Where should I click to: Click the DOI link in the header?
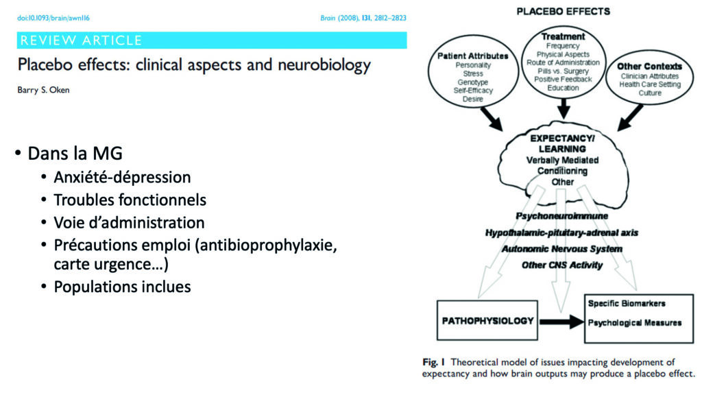tap(53, 18)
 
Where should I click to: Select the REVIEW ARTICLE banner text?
tap(81, 40)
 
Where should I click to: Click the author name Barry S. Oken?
tap(43, 90)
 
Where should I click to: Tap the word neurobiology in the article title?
tap(324, 65)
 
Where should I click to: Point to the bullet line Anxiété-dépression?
tap(122, 178)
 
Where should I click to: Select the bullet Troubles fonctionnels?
tap(130, 200)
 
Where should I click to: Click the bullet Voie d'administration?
tap(129, 223)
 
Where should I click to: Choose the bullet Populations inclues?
tap(122, 287)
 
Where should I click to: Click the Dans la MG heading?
tap(75, 153)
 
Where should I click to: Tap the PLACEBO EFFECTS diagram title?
tap(564, 11)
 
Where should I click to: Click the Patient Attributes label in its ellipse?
tap(473, 56)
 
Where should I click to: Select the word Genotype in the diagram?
tap(473, 82)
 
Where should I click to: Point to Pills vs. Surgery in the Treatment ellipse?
tap(564, 71)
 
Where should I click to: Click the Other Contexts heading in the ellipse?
tap(650, 67)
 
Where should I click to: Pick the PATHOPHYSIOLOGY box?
tap(487, 320)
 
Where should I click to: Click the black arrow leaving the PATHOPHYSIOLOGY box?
tap(561, 322)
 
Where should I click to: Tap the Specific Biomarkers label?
tap(627, 303)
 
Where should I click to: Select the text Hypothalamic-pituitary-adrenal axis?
tap(562, 233)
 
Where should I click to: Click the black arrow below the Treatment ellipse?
tap(564, 108)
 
